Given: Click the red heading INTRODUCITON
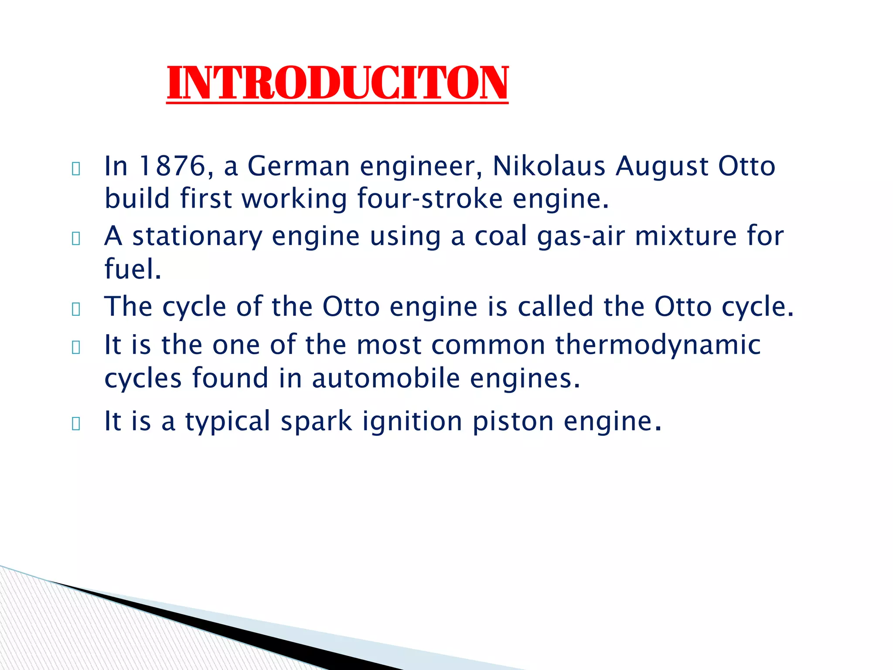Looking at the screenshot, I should point(337,83).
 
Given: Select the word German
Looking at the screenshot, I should point(299,166).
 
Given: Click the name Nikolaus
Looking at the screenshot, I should point(549,166).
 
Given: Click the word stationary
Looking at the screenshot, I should point(197,237).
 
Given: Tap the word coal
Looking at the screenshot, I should point(501,236).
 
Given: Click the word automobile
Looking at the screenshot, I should point(386,378).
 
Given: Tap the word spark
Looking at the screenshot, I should point(316,422).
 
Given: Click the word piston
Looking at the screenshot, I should point(513,422).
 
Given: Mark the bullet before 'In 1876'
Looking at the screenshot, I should point(76,169).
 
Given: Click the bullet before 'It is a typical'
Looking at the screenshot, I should point(76,424).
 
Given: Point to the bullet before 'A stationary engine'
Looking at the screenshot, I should point(76,239).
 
